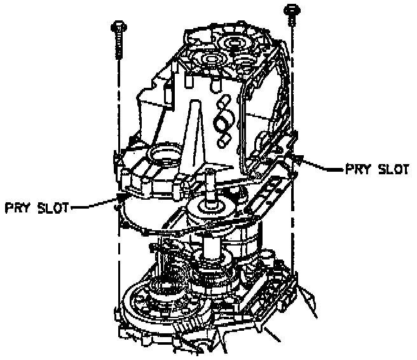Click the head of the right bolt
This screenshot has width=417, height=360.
(293, 9)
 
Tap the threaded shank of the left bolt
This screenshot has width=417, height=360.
(119, 45)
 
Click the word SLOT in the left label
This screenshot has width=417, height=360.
(53, 207)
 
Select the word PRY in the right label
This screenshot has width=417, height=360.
(357, 169)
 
